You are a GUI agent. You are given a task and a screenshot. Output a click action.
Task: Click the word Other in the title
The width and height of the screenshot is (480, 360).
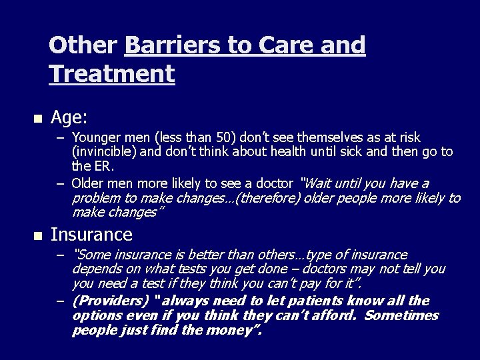83,45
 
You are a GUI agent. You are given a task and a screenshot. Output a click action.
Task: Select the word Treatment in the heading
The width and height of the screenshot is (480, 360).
111,73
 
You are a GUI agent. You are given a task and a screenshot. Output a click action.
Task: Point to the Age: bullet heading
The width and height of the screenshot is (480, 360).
69,118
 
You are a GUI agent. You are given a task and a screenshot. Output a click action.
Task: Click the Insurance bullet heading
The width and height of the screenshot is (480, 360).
91,235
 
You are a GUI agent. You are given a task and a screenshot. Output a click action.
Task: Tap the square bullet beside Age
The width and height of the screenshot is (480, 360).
37,119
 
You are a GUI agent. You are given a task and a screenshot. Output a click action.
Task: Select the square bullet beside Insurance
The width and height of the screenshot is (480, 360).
37,236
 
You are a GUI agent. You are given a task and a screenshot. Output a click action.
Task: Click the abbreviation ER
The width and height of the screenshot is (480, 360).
105,165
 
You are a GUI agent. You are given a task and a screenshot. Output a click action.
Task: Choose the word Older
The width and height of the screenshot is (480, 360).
88,183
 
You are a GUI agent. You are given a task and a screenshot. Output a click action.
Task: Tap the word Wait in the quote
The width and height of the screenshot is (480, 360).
319,183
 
